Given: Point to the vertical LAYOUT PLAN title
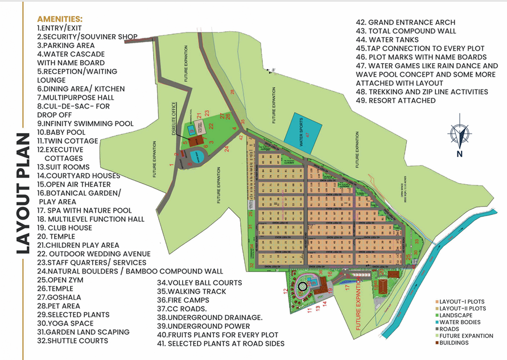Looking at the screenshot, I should (x=22, y=193).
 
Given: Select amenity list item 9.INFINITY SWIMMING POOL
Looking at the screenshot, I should (x=85, y=123).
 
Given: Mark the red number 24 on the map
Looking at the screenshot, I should (x=226, y=149).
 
